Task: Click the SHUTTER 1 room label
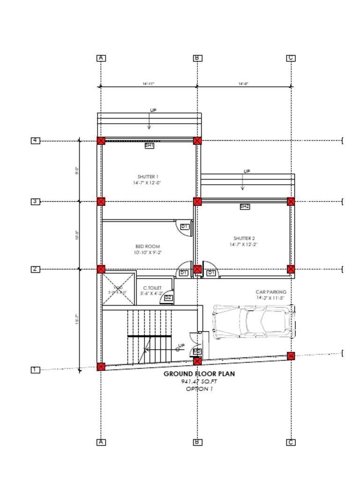148,177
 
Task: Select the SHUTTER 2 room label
244,239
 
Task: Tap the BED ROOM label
148,247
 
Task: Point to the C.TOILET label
152,288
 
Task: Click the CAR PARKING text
270,292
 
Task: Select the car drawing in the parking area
254,322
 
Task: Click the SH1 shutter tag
149,146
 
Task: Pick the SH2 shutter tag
245,206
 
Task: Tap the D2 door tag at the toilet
168,298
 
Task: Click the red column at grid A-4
101,141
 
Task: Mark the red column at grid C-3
291,202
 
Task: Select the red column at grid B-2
197,269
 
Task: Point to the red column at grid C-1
291,356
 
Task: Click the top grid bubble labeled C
291,58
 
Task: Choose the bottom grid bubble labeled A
101,442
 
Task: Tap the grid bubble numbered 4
36,141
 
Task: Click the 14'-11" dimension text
149,84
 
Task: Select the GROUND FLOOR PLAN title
199,374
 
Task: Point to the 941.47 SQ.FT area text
199,382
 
